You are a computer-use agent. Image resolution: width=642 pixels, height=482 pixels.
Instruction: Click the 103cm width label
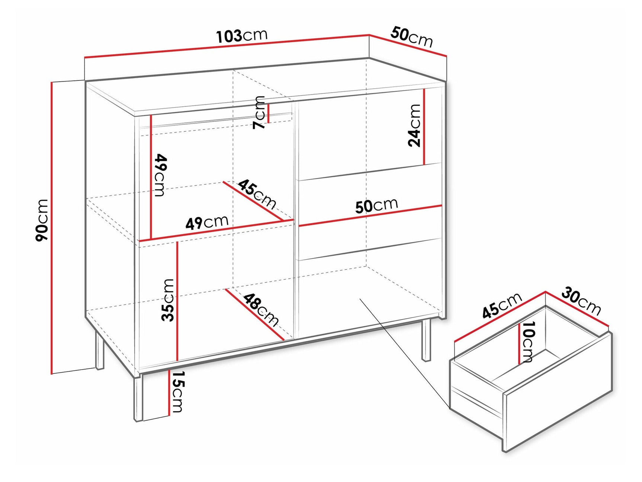pyautogui.click(x=242, y=35)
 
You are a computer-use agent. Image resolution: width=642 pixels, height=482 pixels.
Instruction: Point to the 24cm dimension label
pyautogui.click(x=414, y=125)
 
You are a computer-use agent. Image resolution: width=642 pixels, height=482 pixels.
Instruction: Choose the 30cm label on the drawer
pyautogui.click(x=581, y=301)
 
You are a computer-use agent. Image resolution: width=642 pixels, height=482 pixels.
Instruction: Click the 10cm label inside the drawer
pyautogui.click(x=527, y=342)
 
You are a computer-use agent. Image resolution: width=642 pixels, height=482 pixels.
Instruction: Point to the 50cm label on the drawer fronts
pyautogui.click(x=376, y=205)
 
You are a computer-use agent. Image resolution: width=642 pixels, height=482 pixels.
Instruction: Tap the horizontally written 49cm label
pyautogui.click(x=207, y=223)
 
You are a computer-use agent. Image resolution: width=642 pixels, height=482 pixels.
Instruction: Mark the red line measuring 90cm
pyautogui.click(x=52, y=228)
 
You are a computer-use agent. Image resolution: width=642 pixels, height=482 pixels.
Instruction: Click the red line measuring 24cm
pyautogui.click(x=424, y=127)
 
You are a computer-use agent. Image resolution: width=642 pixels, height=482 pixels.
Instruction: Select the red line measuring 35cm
pyautogui.click(x=177, y=301)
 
